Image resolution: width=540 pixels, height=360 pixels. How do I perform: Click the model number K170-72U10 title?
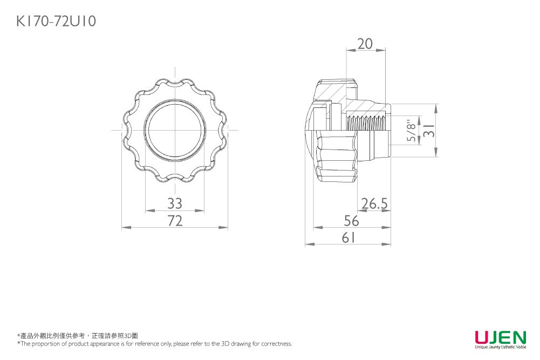pyautogui.click(x=56, y=22)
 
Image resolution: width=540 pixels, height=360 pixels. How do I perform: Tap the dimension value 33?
pyautogui.click(x=175, y=203)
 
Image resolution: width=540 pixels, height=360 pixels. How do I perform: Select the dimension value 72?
pyautogui.click(x=175, y=220)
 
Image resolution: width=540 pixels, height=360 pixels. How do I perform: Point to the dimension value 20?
pyautogui.click(x=365, y=44)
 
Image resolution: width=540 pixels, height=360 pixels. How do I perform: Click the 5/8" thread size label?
pyautogui.click(x=411, y=131)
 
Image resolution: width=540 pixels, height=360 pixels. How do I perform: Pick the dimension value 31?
pyautogui.click(x=429, y=130)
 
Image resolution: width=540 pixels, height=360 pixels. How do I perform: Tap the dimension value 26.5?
pyautogui.click(x=374, y=203)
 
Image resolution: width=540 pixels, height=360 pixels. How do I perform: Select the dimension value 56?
pyautogui.click(x=351, y=220)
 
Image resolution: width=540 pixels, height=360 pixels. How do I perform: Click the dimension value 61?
pyautogui.click(x=348, y=237)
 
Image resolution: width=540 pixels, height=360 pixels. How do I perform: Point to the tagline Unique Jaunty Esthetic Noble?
pyautogui.click(x=501, y=347)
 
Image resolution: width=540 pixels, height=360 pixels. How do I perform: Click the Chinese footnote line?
pyautogui.click(x=78, y=336)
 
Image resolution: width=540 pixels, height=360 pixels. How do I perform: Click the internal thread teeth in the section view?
pyautogui.click(x=366, y=123)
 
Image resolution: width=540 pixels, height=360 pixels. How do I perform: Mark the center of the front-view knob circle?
pyautogui.click(x=175, y=130)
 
